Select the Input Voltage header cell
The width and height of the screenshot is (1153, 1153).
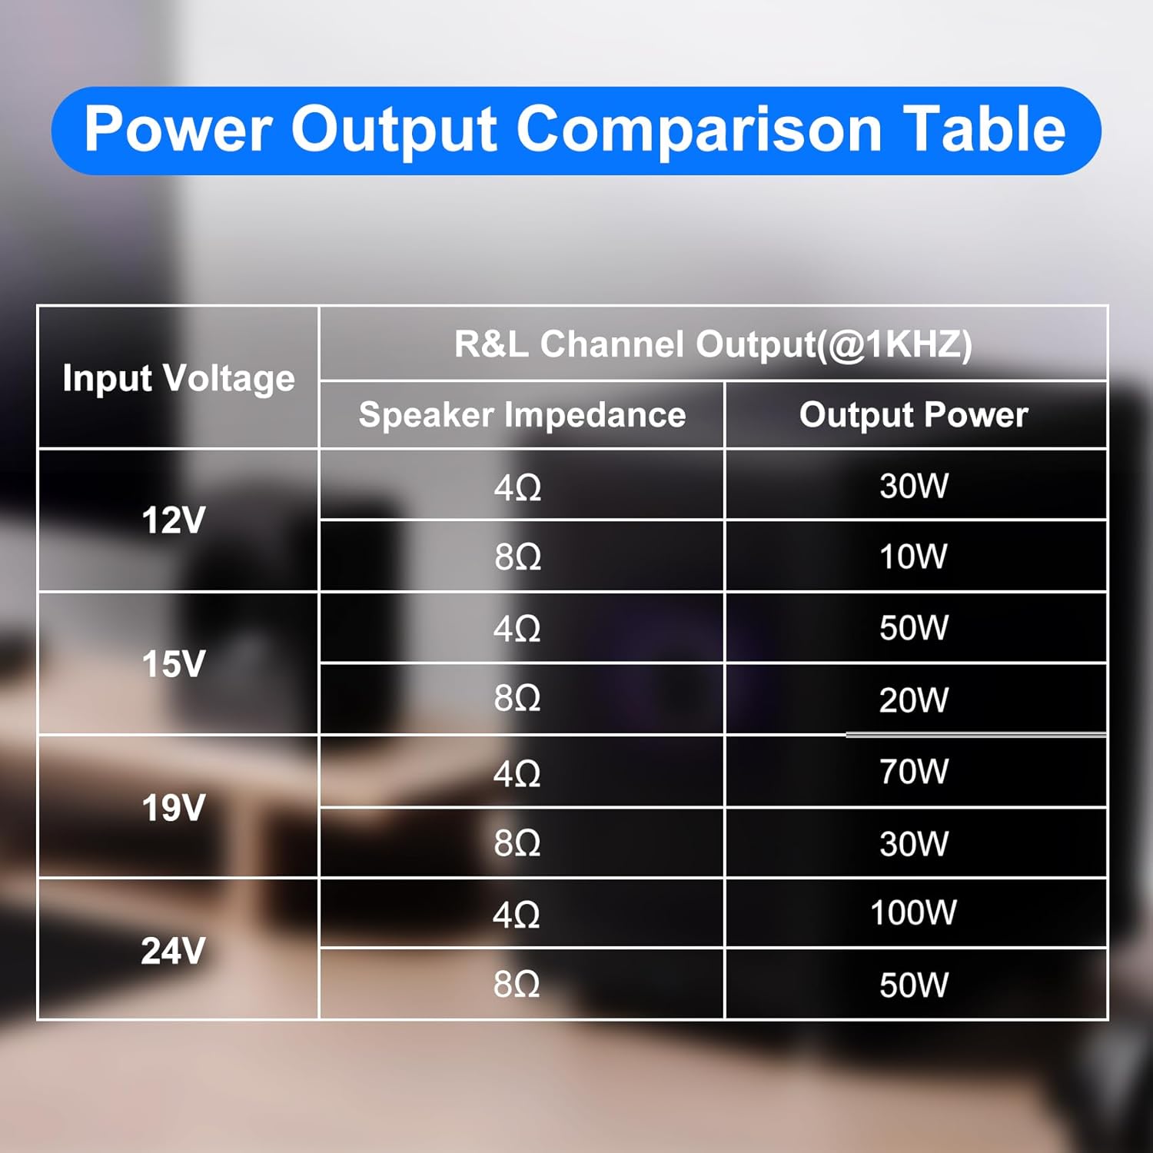(178, 378)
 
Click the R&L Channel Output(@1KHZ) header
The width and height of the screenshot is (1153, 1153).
(713, 344)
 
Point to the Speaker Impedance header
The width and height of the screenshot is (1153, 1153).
(522, 415)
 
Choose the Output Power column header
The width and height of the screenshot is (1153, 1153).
(913, 415)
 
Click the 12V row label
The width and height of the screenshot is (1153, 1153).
(174, 520)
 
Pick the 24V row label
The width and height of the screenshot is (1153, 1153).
(174, 951)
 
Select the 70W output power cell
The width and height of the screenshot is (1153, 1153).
(913, 771)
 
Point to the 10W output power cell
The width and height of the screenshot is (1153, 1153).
(913, 557)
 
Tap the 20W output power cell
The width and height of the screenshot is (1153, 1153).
(913, 700)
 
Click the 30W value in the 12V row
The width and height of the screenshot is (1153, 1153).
(913, 486)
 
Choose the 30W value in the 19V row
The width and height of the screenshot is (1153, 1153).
(913, 843)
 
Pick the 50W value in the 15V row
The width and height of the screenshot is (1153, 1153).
(913, 628)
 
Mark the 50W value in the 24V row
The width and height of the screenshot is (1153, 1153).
(913, 985)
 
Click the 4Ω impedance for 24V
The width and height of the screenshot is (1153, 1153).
(517, 915)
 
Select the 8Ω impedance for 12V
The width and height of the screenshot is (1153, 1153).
(517, 557)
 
